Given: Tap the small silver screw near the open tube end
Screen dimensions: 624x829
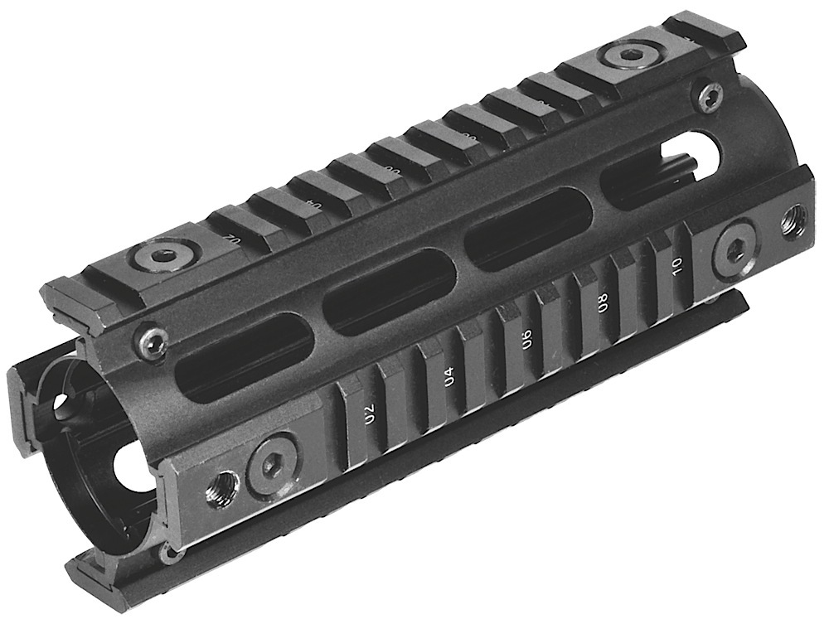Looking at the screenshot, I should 153,338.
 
